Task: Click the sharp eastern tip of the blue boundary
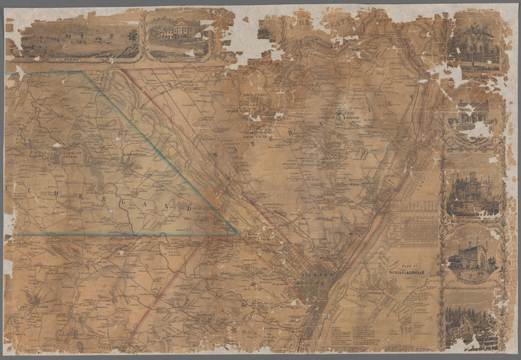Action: (x=238, y=234)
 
